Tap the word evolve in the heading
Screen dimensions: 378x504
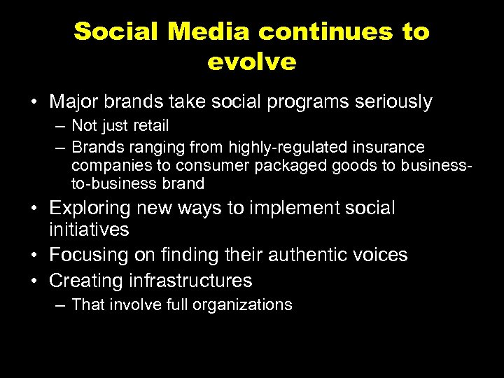pos(252,62)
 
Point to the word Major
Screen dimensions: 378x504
pos(74,102)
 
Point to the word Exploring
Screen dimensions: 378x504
pos(90,208)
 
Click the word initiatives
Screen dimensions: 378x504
pos(89,230)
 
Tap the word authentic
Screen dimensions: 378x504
pos(296,255)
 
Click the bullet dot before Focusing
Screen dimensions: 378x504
pos(34,255)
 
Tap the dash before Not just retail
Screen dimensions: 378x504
pos(60,126)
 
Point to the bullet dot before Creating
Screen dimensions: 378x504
pos(34,281)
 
